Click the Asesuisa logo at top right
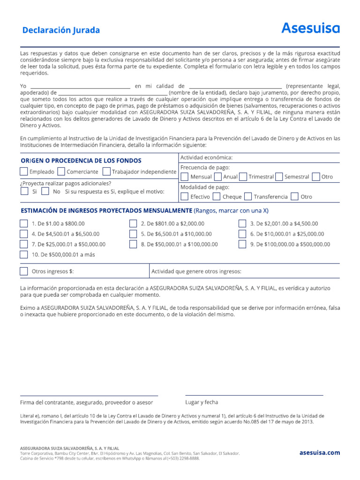click(x=310, y=29)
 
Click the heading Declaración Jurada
click(x=61, y=30)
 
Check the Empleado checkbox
click(x=24, y=172)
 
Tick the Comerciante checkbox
click(x=61, y=172)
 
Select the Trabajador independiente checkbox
click(x=106, y=172)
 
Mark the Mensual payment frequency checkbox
click(x=185, y=177)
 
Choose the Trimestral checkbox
click(x=243, y=177)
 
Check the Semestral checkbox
click(x=279, y=177)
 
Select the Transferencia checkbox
click(x=248, y=196)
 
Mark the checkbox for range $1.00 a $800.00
click(x=24, y=224)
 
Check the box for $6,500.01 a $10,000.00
click(x=133, y=234)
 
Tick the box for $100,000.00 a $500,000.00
click(x=242, y=244)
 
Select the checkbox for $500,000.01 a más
click(x=24, y=255)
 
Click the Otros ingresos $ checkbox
click(x=24, y=271)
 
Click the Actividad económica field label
click(x=206, y=157)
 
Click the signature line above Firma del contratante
click(x=89, y=395)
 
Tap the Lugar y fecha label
click(x=202, y=402)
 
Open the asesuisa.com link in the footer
click(x=320, y=453)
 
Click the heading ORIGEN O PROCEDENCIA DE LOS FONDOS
click(x=81, y=161)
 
